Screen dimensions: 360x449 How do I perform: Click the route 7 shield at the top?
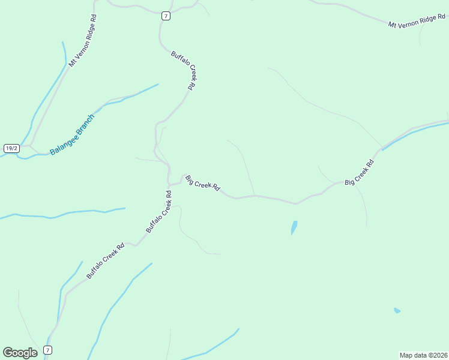pos(166,16)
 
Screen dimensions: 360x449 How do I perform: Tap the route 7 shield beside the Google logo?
pos(48,350)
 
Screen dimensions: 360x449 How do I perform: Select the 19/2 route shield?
pos(11,148)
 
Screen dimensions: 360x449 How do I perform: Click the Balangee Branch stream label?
pos(72,134)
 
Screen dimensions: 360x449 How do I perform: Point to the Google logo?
pos(20,353)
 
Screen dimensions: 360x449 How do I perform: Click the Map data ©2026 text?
pos(423,355)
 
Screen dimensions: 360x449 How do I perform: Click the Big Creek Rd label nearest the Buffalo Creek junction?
pos(202,184)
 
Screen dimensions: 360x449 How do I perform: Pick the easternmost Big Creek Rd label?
pos(360,173)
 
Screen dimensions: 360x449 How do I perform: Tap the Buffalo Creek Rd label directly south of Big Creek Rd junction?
pos(159,212)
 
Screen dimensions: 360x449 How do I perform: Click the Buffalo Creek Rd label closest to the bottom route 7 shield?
pos(105,260)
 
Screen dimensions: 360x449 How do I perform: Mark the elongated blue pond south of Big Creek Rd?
pos(294,227)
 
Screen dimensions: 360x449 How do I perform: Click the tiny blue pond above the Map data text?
pos(397,310)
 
